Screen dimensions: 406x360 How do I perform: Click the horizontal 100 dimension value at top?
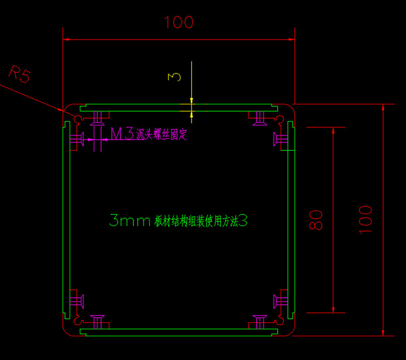pos(179,23)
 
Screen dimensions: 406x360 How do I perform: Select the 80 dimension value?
pos(317,219)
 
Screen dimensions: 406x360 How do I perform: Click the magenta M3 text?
pos(122,135)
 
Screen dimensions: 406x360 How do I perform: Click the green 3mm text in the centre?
pos(129,221)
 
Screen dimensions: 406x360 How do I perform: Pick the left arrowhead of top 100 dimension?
pos(66,39)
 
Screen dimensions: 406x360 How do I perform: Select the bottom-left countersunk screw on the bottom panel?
pos(98,322)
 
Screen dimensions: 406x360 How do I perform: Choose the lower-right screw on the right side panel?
pos(282,300)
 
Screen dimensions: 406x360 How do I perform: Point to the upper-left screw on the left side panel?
pos(76,138)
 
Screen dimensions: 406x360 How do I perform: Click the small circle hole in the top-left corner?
pos(77,119)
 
